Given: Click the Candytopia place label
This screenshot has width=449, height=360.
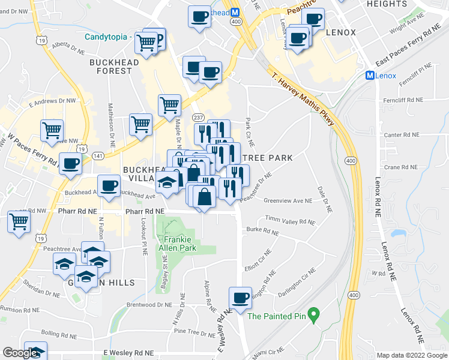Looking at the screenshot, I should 106,36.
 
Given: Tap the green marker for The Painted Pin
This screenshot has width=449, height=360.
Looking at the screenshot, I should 313,314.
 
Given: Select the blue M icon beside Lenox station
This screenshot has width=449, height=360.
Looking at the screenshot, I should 370,76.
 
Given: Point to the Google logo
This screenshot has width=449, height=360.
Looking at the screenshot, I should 20,353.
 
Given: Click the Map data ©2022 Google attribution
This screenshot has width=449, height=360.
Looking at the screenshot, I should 412,355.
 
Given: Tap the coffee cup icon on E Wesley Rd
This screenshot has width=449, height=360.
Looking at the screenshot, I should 240,298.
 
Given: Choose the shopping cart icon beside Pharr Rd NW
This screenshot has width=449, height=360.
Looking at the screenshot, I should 19,221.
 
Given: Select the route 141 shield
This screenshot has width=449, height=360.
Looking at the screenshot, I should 98,155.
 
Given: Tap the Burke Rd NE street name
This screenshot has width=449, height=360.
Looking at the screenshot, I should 262,232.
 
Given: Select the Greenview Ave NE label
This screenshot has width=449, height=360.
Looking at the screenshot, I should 288,201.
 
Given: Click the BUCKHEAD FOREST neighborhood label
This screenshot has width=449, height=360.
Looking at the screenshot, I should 110,66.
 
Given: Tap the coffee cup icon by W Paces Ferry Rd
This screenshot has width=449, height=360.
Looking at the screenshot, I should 70,163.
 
